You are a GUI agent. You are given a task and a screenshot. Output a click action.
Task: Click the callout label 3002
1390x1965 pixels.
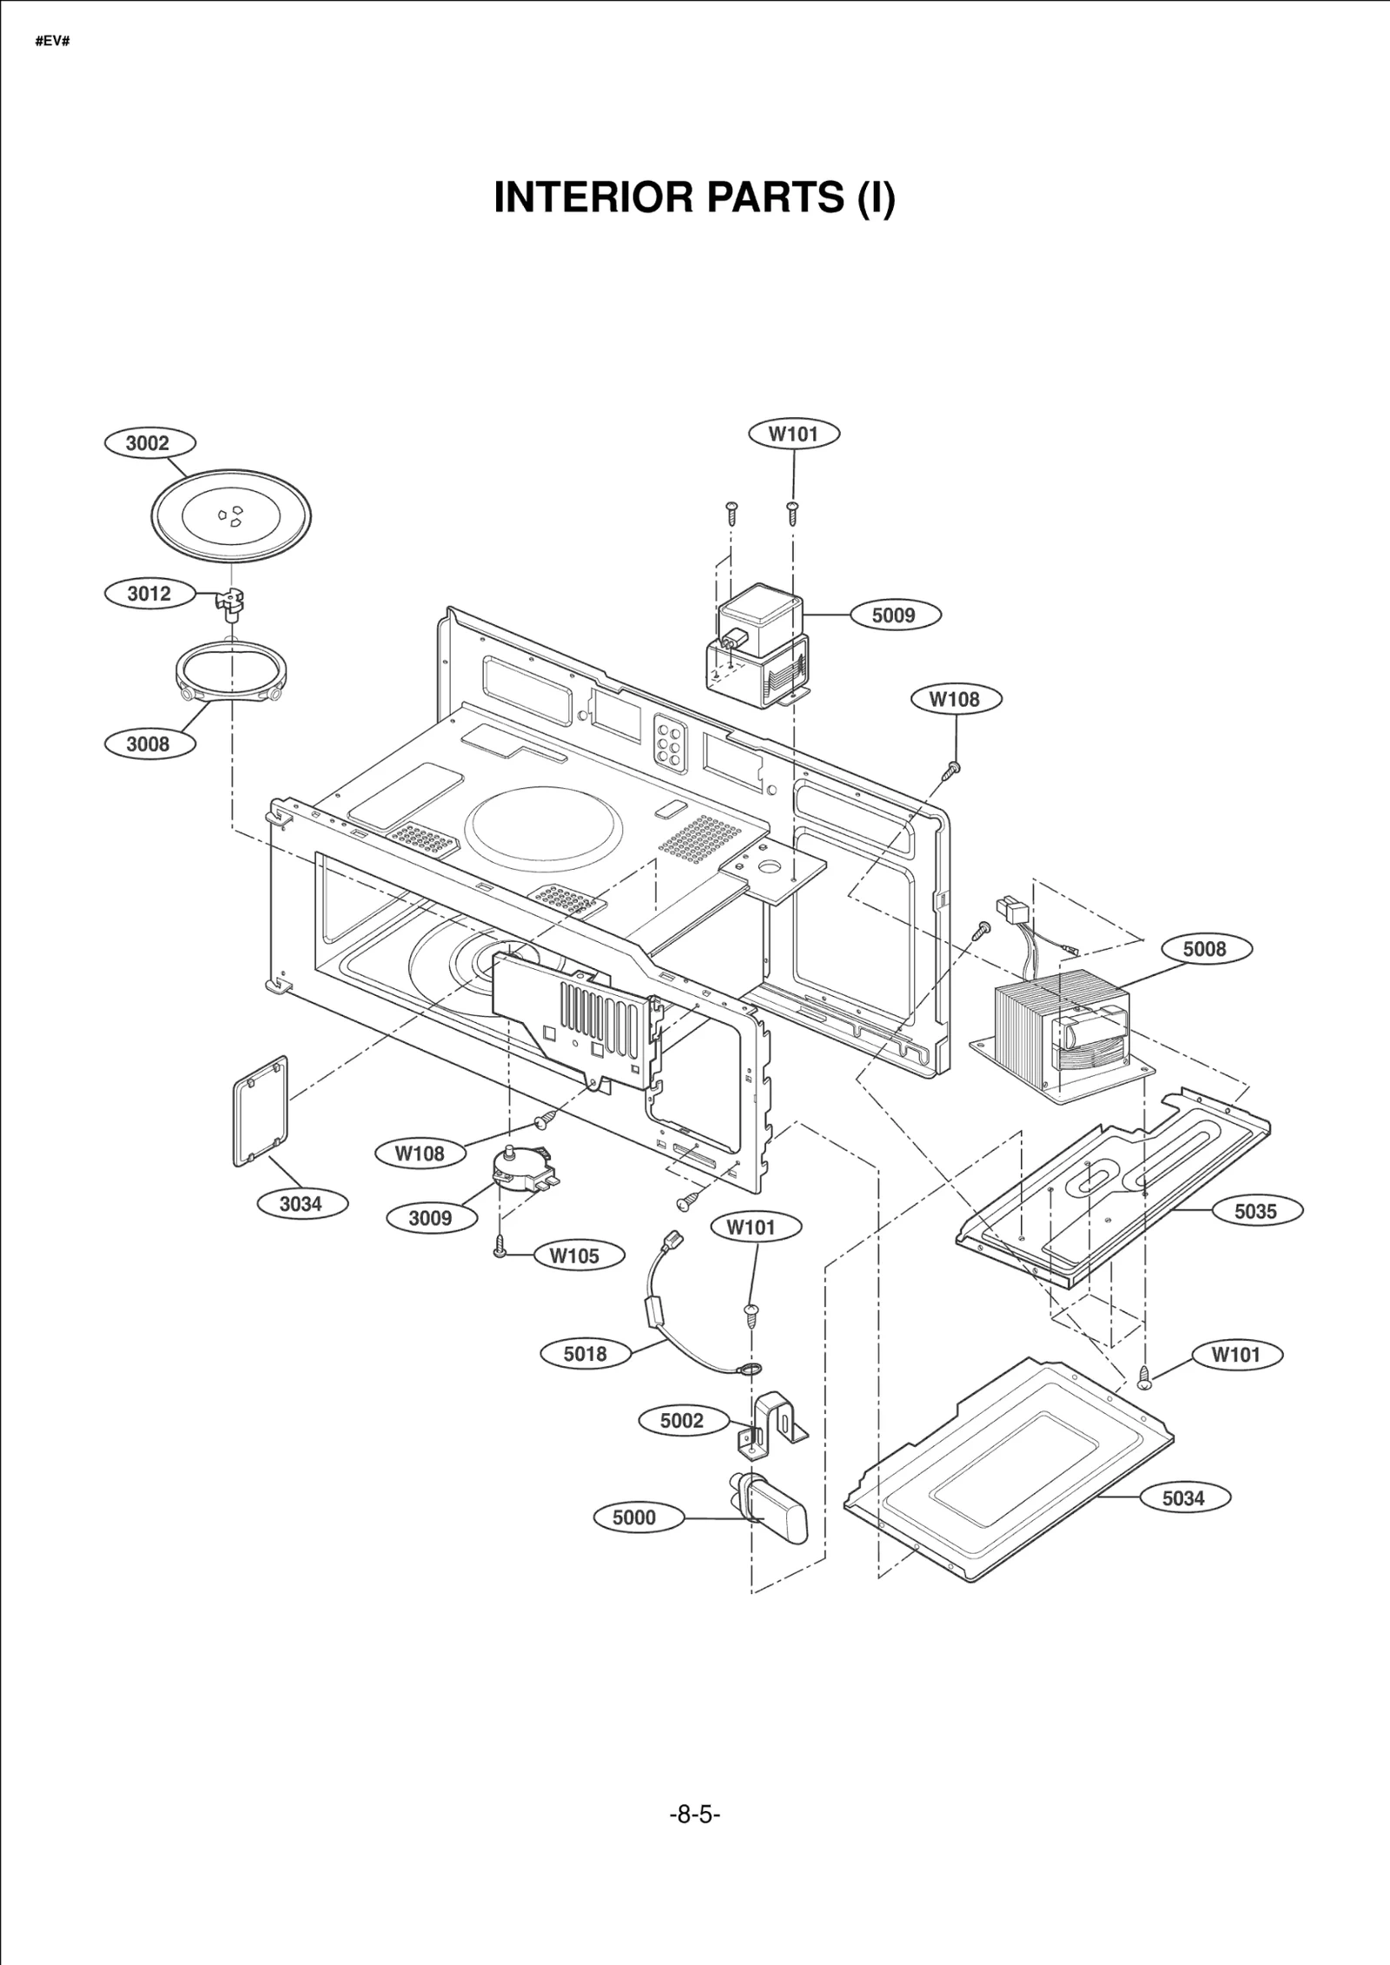click(149, 443)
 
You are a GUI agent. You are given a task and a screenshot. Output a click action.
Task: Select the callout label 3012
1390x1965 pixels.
click(149, 594)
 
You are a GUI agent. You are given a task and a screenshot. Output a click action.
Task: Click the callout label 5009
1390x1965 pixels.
click(893, 615)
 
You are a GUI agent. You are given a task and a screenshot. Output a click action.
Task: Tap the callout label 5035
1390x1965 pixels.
click(1255, 1211)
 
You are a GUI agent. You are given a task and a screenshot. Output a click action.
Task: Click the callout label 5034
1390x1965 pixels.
click(1183, 1497)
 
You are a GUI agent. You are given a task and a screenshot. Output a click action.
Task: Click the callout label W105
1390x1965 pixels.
click(574, 1256)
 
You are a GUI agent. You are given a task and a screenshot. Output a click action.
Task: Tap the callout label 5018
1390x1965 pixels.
click(585, 1353)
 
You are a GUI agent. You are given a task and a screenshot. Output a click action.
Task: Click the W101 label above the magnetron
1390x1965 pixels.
click(793, 434)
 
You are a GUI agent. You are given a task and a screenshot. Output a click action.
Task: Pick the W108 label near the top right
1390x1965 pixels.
click(954, 699)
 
